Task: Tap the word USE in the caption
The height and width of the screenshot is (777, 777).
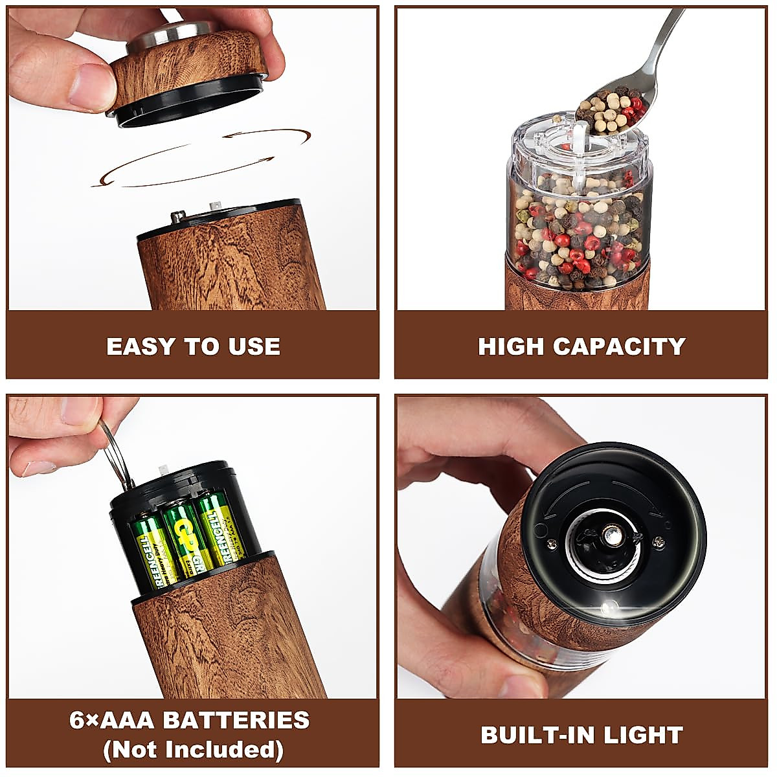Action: click(254, 346)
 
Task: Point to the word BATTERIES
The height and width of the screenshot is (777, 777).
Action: click(236, 720)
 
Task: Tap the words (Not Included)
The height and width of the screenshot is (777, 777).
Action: click(193, 750)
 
